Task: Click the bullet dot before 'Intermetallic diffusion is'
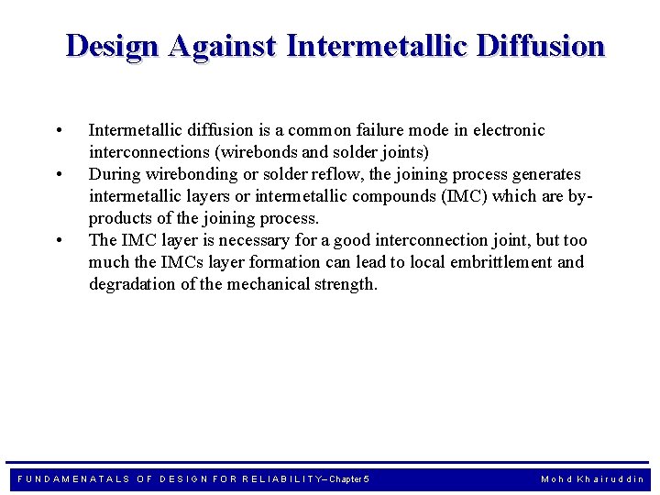click(59, 130)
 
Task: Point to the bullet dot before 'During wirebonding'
click(59, 174)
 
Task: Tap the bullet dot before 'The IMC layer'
click(59, 240)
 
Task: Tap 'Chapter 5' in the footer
click(349, 479)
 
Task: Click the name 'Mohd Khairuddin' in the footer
click(592, 479)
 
